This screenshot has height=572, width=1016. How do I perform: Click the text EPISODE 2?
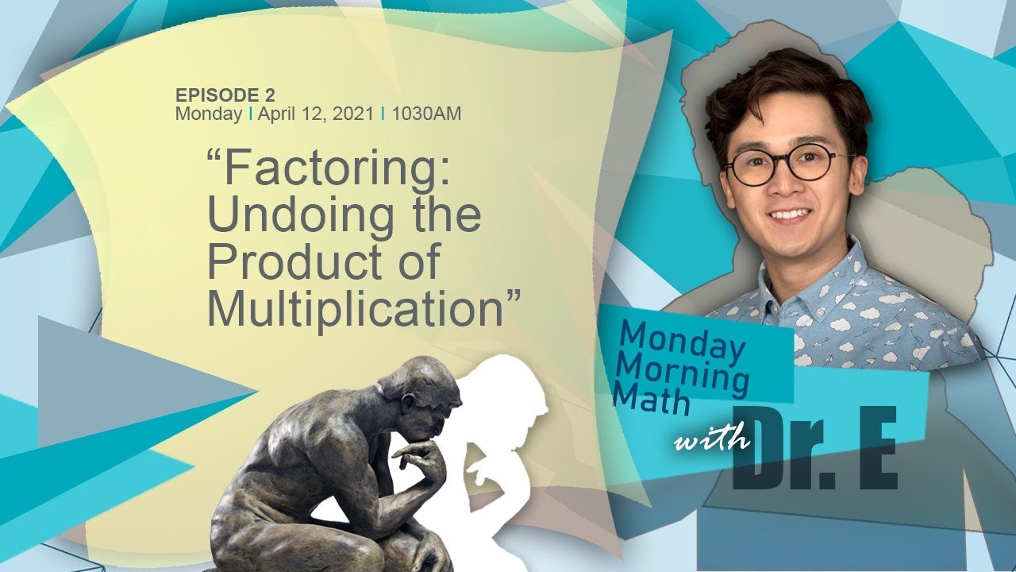point(225,95)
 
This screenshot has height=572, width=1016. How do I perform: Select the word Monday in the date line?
point(209,114)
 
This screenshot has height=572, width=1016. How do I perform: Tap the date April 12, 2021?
point(315,114)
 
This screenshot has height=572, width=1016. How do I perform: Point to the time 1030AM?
point(426,114)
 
